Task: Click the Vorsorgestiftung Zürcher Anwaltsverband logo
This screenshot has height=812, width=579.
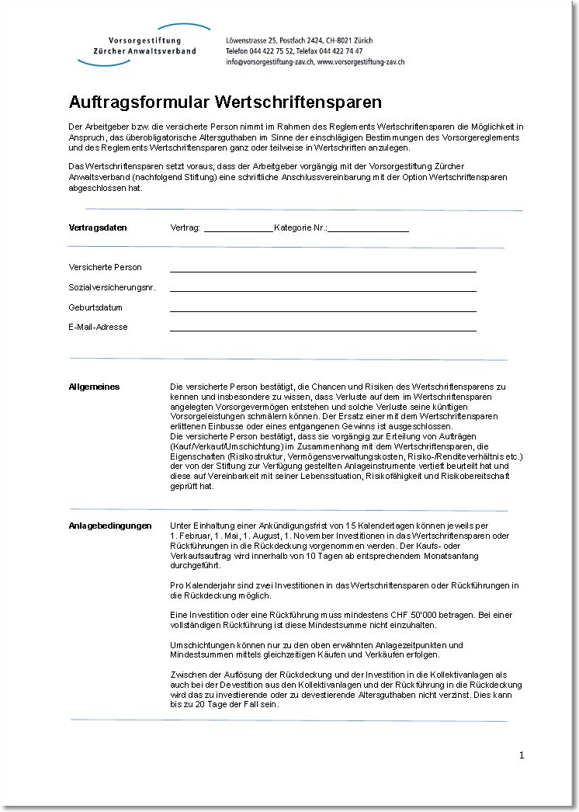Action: (143, 45)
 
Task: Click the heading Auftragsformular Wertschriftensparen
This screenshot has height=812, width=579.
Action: (225, 102)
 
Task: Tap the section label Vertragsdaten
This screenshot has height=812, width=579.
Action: (98, 228)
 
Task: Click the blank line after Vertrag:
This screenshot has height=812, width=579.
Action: (237, 229)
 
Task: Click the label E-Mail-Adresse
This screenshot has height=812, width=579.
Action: (98, 327)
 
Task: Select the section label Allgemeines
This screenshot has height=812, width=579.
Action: (94, 387)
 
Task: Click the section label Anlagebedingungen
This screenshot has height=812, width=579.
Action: (110, 526)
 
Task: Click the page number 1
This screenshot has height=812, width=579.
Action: (522, 755)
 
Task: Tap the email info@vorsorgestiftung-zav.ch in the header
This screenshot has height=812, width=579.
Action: (269, 61)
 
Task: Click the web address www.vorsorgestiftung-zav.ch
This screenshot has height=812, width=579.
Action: (360, 61)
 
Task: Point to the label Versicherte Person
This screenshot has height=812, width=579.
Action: (105, 268)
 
